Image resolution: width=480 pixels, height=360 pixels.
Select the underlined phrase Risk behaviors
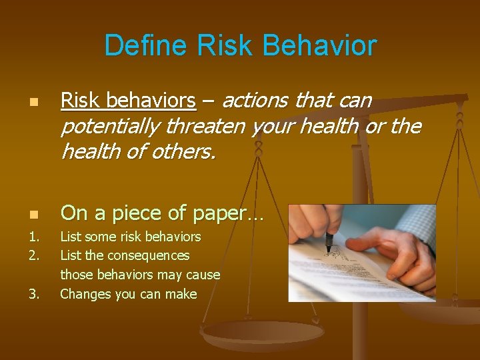click(128, 101)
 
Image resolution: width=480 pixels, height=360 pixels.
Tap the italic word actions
click(255, 101)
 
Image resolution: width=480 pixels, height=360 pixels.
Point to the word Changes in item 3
click(85, 294)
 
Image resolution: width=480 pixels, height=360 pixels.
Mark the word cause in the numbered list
click(203, 275)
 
